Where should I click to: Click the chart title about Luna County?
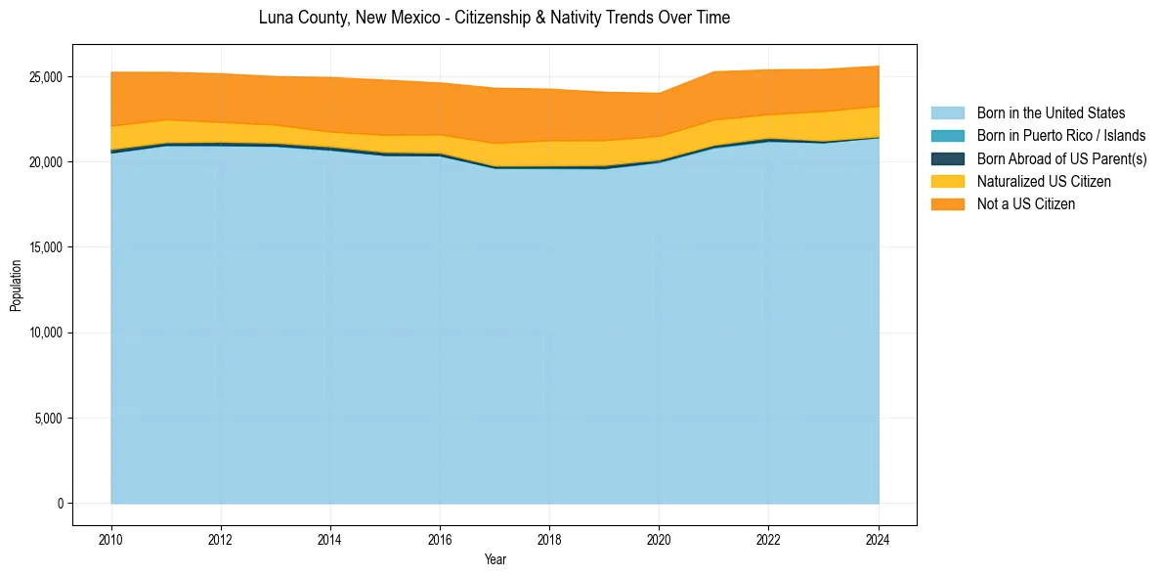pos(494,18)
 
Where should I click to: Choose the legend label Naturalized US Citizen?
pos(1044,182)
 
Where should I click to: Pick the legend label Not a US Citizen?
pos(1025,204)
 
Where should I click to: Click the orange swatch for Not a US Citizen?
pos(947,204)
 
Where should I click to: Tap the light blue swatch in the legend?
pos(947,113)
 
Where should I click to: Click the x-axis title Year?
pos(495,559)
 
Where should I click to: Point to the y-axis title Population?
pos(16,286)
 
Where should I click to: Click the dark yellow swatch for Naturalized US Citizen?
pos(947,182)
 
